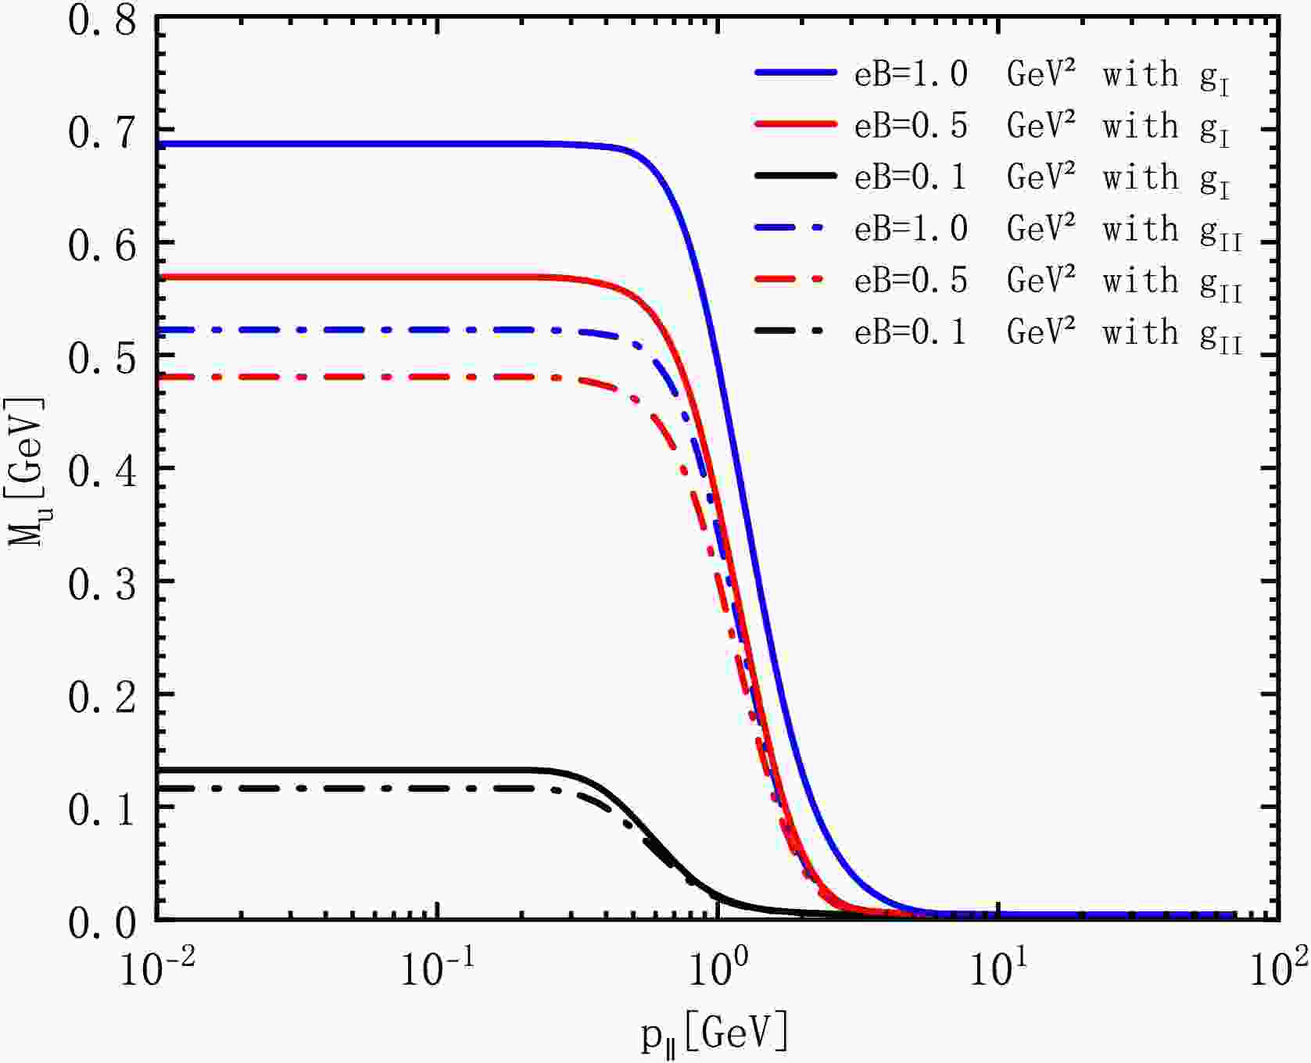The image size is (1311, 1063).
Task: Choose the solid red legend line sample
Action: click(796, 124)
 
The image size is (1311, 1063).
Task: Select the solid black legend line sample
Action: click(796, 177)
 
